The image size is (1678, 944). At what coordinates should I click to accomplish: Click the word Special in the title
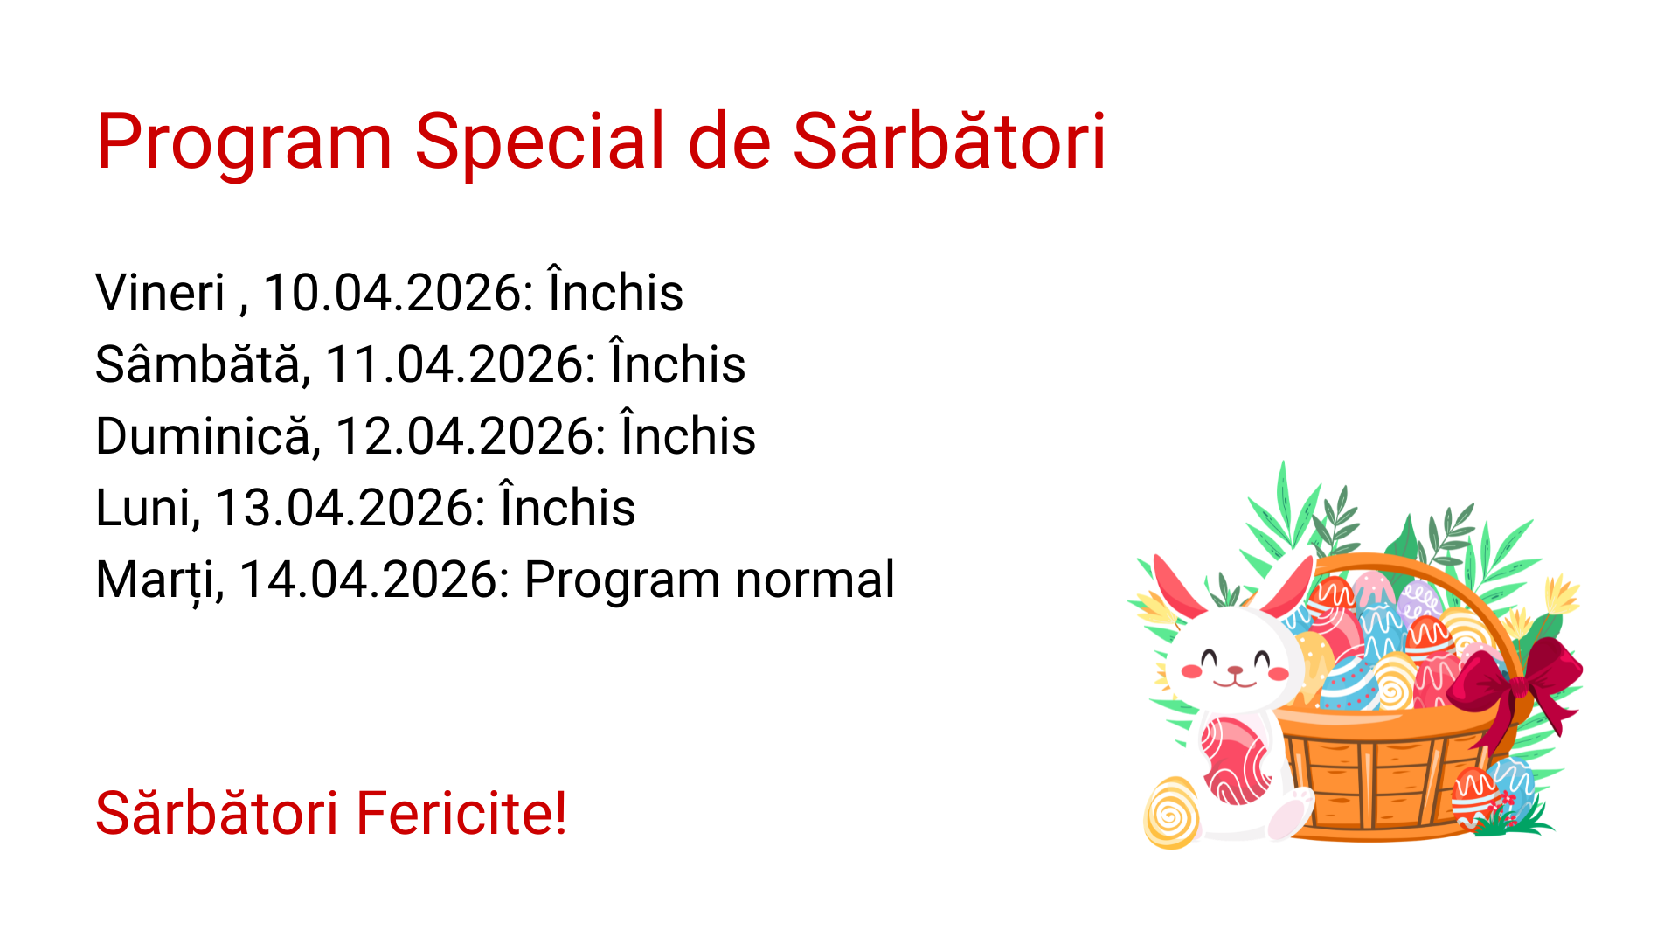click(x=539, y=142)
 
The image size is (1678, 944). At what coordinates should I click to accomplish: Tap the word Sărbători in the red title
click(x=948, y=142)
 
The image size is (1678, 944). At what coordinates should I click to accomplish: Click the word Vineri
click(x=160, y=293)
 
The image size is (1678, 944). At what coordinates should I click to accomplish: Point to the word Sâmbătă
click(x=202, y=364)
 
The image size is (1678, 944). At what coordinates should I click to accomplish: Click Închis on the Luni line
click(x=567, y=508)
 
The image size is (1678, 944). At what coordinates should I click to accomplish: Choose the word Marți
click(x=160, y=580)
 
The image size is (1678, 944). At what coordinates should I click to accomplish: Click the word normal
click(x=815, y=580)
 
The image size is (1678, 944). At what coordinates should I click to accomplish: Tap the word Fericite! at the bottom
click(x=461, y=814)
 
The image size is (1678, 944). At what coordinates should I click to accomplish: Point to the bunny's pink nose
click(x=1235, y=671)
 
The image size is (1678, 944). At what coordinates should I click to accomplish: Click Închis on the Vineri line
click(x=615, y=293)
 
